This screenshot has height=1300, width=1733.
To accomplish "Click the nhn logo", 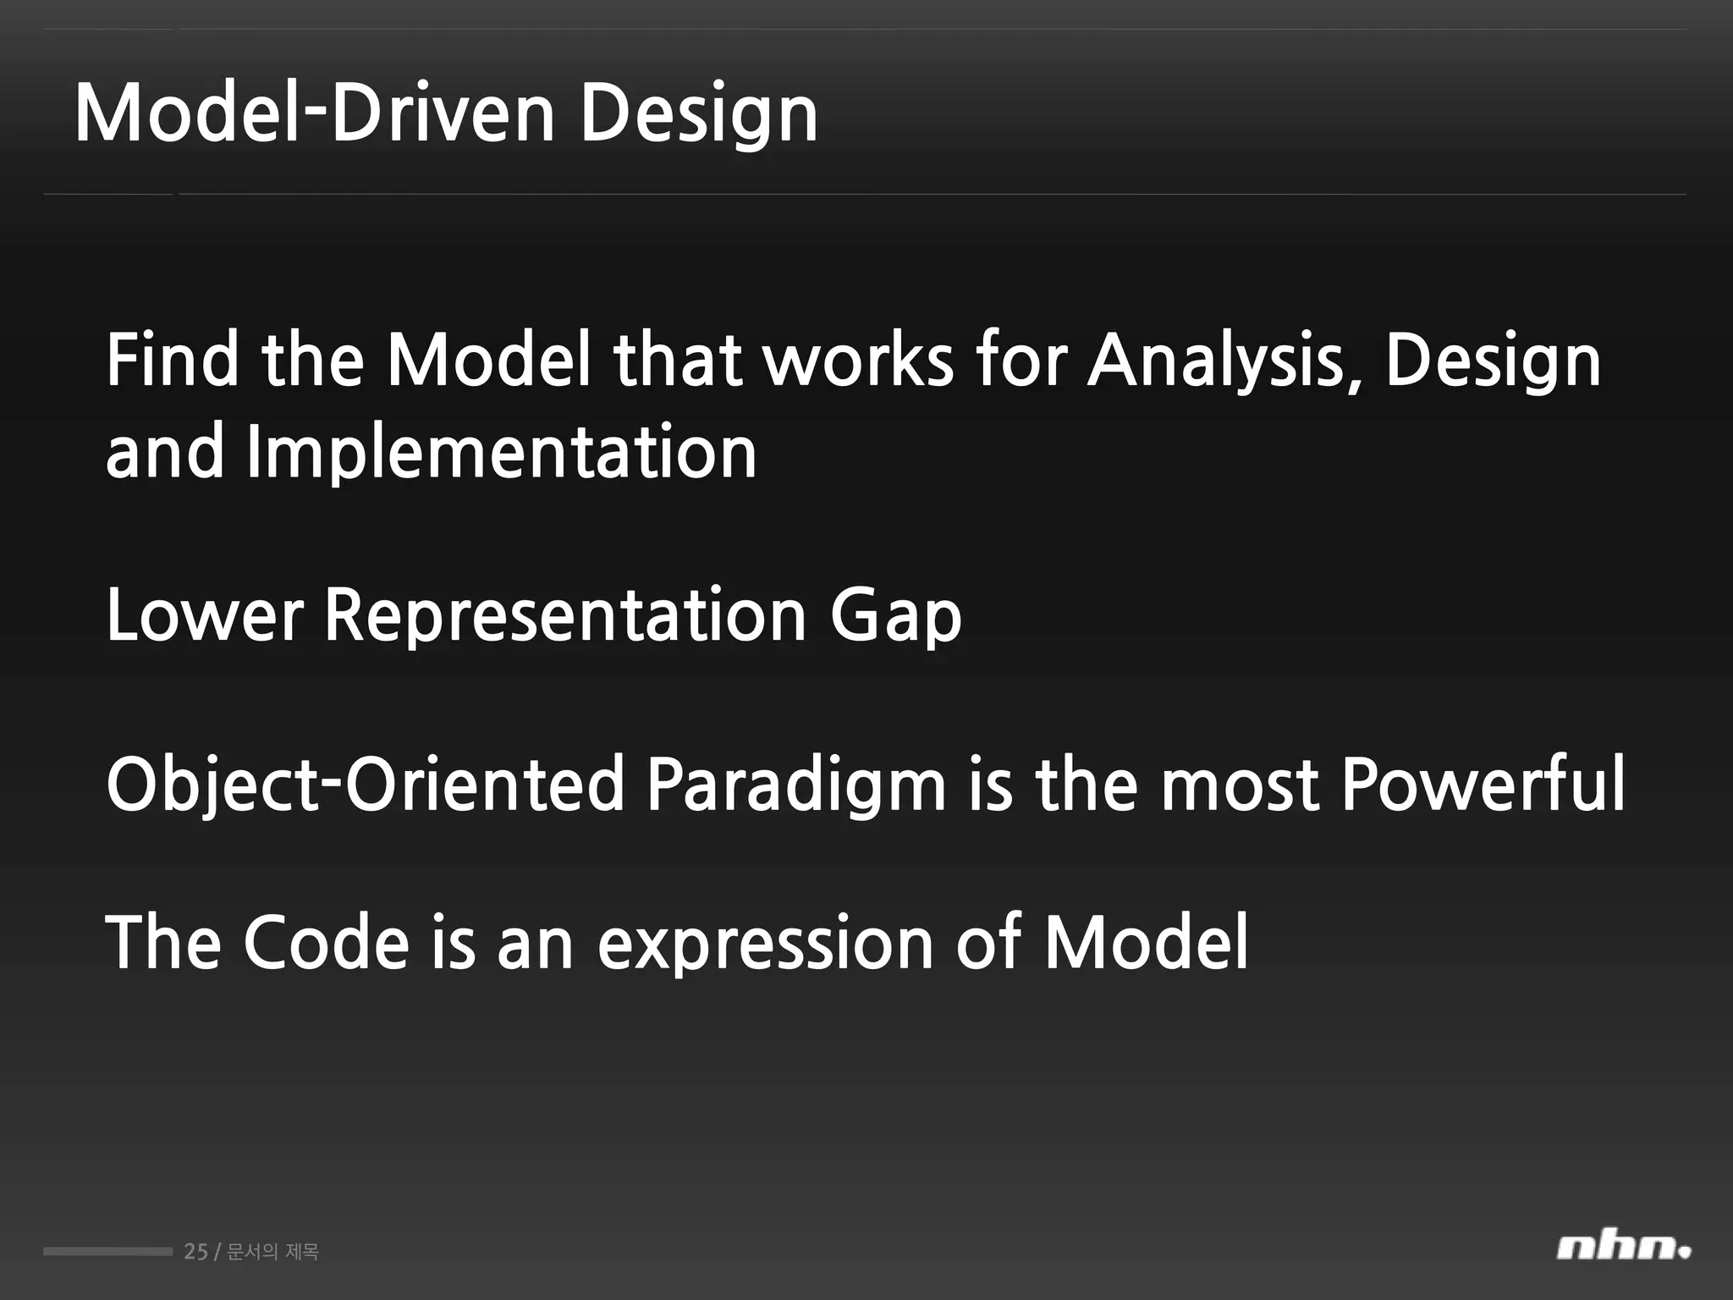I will [x=1622, y=1248].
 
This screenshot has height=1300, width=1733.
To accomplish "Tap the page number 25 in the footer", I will [x=195, y=1251].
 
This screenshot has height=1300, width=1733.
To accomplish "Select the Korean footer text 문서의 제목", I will [x=273, y=1251].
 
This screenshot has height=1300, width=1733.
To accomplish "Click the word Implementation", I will [x=501, y=452].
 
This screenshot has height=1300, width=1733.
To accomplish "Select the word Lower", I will [x=204, y=615].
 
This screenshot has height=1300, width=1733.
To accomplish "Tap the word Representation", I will [x=565, y=615].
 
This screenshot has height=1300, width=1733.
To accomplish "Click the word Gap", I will [x=895, y=615].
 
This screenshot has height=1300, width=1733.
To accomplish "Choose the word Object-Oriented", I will [x=365, y=785].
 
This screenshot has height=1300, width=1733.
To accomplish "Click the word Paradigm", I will [x=795, y=785].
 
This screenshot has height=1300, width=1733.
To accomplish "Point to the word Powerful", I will [x=1483, y=785].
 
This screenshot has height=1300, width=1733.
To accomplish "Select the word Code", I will [x=326, y=942].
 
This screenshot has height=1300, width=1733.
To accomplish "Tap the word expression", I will [x=765, y=942].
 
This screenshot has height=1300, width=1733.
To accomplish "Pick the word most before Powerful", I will [x=1239, y=785].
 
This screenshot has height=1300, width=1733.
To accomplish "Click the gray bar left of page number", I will [x=107, y=1251].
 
